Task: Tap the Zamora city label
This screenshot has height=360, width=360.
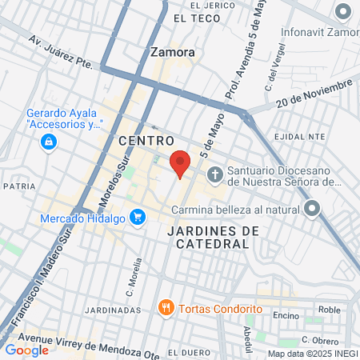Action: click(x=172, y=52)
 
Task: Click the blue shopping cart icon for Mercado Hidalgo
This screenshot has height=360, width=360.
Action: click(x=138, y=216)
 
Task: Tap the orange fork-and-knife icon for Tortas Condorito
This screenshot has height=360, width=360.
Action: click(x=166, y=306)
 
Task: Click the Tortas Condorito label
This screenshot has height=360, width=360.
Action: click(x=220, y=308)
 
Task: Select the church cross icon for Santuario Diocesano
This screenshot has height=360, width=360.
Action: click(x=214, y=174)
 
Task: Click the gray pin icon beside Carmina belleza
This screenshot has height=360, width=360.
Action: click(x=313, y=210)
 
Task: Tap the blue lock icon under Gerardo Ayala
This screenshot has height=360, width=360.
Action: click(x=49, y=142)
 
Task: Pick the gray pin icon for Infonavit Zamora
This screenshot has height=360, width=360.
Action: click(x=344, y=12)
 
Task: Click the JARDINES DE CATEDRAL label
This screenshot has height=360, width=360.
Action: click(x=214, y=238)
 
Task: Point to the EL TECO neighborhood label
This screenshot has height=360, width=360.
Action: click(x=194, y=17)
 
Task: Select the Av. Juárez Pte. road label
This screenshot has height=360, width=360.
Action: click(x=61, y=52)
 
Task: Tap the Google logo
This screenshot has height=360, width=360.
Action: click(x=27, y=350)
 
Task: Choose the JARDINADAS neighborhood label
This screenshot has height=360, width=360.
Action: click(x=117, y=310)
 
